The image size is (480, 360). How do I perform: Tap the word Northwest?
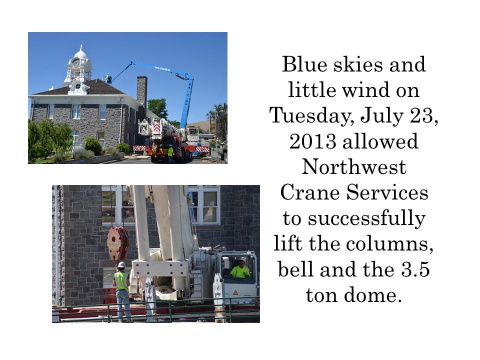tap(354, 167)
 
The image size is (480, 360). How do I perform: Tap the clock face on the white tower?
tap(75, 62)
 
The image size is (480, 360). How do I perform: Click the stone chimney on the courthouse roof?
tap(141, 92)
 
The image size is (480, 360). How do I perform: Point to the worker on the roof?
tap(108, 78)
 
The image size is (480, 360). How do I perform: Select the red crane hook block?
tap(117, 243)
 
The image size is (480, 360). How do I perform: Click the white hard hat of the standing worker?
tap(121, 264)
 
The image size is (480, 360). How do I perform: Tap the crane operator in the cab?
tap(239, 269)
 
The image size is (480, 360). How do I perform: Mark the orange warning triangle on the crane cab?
tap(235, 292)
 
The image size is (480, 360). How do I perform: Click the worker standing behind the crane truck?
tap(170, 153)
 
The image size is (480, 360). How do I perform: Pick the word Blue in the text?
tap(304, 64)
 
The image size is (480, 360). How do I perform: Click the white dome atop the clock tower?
tap(81, 54)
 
